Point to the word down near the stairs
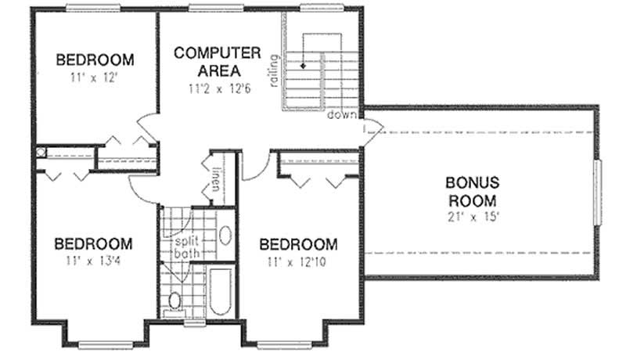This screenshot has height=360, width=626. click(342, 116)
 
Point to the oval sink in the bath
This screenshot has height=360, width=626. click(223, 236)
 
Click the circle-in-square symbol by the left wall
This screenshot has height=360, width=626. click(41, 153)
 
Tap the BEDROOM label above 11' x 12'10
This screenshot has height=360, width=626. click(299, 243)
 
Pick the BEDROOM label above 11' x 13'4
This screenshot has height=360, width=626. click(93, 243)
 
